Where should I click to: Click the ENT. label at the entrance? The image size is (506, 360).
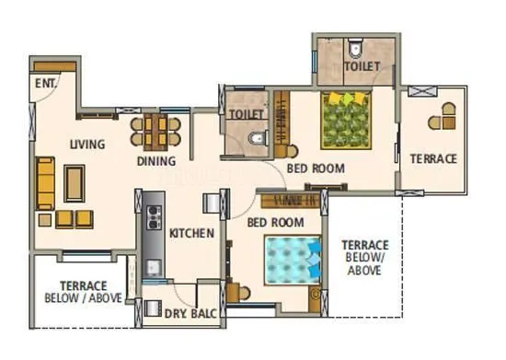point(44,83)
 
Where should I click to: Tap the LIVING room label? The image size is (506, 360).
point(86,144)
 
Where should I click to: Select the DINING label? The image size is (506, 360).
point(156,161)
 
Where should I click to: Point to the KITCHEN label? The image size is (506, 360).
point(191,233)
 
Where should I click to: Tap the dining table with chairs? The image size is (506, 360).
point(156,130)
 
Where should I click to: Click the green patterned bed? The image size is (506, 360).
point(347,120)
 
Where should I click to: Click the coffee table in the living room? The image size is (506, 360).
point(74,180)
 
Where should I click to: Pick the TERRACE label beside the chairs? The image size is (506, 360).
point(432,158)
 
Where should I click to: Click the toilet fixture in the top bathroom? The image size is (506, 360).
point(356,45)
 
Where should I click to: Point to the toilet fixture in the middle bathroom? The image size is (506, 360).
point(258,139)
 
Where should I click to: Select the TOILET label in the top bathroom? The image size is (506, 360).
point(362,67)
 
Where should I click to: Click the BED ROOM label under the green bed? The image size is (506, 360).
point(315,168)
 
